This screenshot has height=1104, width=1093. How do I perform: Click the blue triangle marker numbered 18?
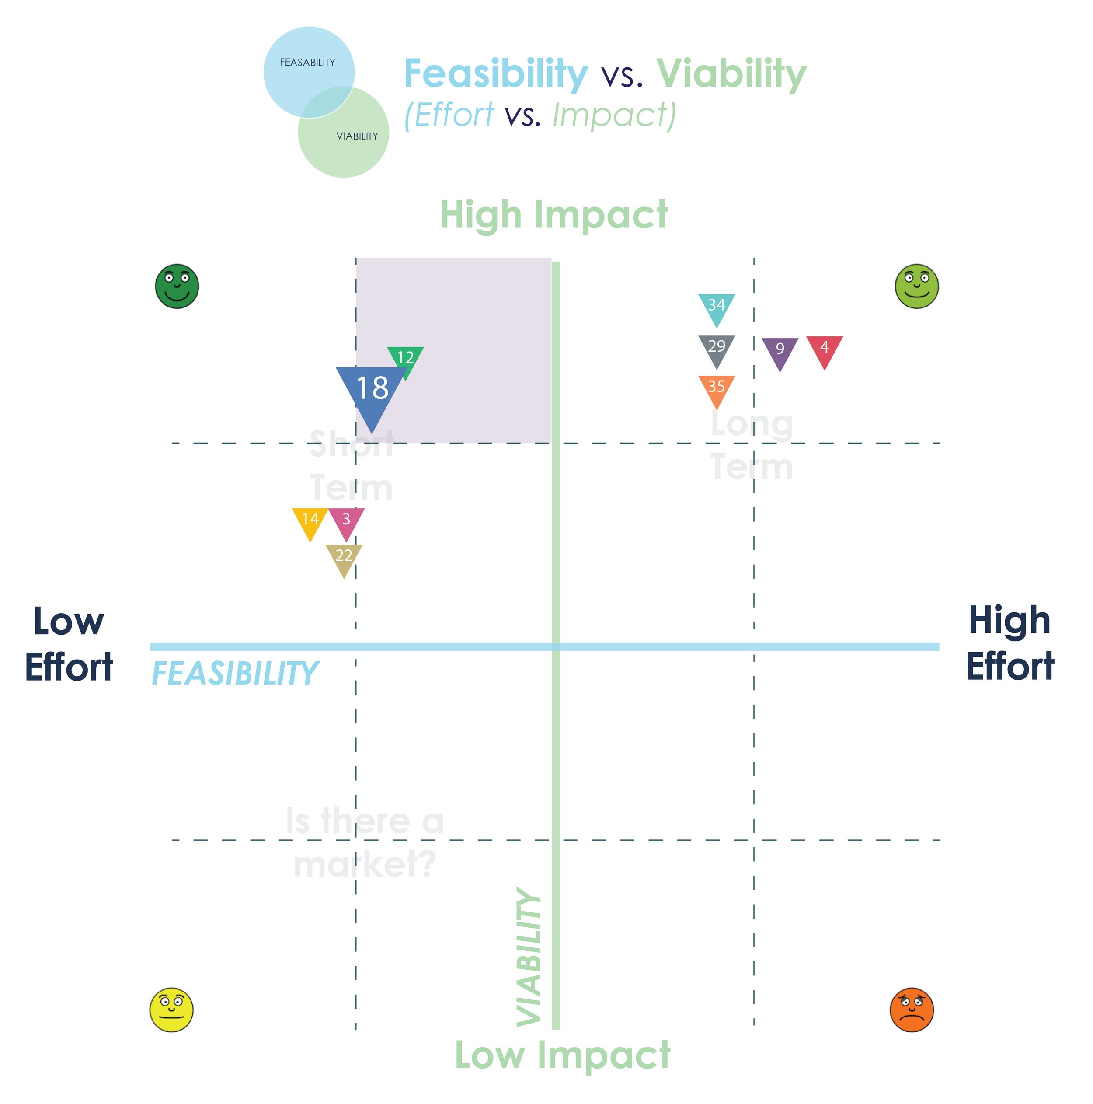point(372,391)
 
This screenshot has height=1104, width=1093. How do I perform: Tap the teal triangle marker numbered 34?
point(717,307)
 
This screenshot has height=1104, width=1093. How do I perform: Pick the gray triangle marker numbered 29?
point(717,348)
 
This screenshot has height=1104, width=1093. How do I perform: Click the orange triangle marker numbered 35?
point(717,388)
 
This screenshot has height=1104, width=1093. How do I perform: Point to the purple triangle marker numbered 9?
point(780,350)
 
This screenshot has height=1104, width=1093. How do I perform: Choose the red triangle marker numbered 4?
point(825,349)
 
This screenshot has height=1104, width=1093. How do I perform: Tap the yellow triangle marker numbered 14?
point(310,521)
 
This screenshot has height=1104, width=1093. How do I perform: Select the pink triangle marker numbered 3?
point(347,521)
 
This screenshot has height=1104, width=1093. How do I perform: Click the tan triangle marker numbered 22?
point(344,557)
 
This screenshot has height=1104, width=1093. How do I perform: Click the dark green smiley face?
point(177,286)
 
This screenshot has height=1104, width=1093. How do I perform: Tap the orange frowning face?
point(912,1010)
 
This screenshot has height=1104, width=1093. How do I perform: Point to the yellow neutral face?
point(171,1010)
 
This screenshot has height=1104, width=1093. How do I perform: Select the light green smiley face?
point(916,286)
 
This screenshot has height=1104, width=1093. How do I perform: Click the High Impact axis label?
point(554,216)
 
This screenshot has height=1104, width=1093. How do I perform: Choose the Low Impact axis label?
point(563,1055)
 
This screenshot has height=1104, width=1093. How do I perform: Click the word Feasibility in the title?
point(496,74)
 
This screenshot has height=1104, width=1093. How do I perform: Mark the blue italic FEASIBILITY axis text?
point(235,673)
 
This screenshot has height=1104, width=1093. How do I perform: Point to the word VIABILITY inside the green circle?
point(357,136)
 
